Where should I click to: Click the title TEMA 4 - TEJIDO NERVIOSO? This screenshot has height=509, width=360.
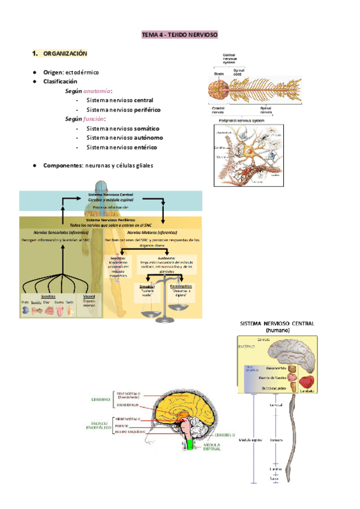pyautogui.click(x=179, y=35)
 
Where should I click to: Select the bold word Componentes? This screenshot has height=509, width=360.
pyautogui.click(x=62, y=165)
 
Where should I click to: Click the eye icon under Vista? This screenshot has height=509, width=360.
pyautogui.click(x=25, y=311)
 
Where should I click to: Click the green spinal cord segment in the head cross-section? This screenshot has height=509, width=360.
pyautogui.click(x=190, y=445)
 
